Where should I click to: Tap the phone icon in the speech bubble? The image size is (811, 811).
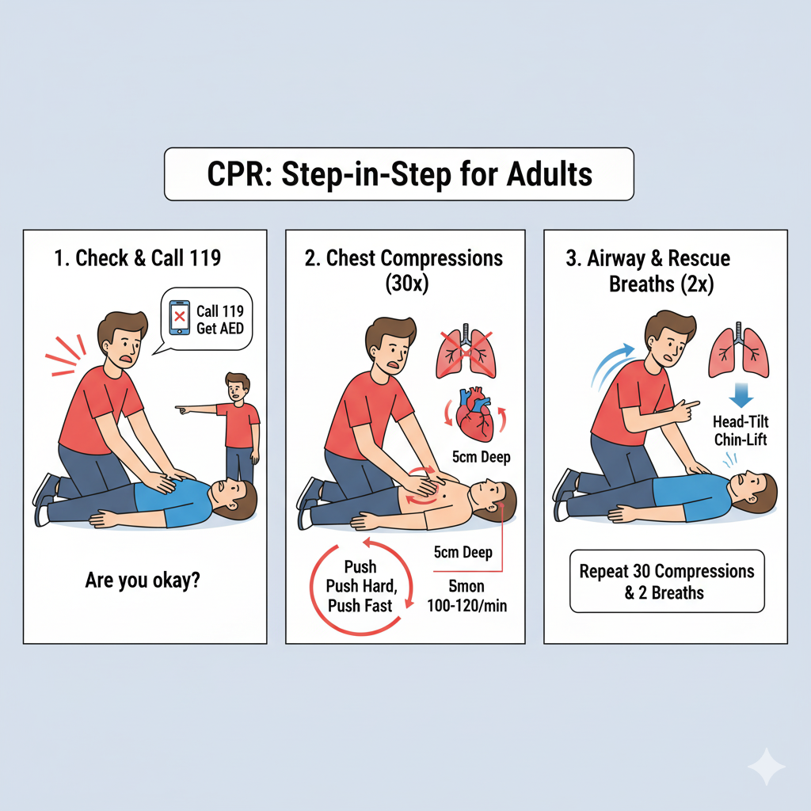(x=180, y=318)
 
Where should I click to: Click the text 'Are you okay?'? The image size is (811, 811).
(x=143, y=581)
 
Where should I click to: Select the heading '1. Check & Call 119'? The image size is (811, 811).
(x=138, y=257)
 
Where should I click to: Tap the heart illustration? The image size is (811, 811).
(x=474, y=414)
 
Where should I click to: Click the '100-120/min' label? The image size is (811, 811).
(x=467, y=606)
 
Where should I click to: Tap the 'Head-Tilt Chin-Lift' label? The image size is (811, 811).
(x=741, y=430)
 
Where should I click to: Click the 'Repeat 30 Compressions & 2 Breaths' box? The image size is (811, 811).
(x=667, y=581)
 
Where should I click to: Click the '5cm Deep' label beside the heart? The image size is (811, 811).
(x=481, y=457)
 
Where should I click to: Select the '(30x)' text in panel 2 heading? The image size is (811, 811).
(x=406, y=284)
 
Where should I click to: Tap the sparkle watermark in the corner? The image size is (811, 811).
(x=767, y=767)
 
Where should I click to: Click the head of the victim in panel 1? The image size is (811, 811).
(x=234, y=498)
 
